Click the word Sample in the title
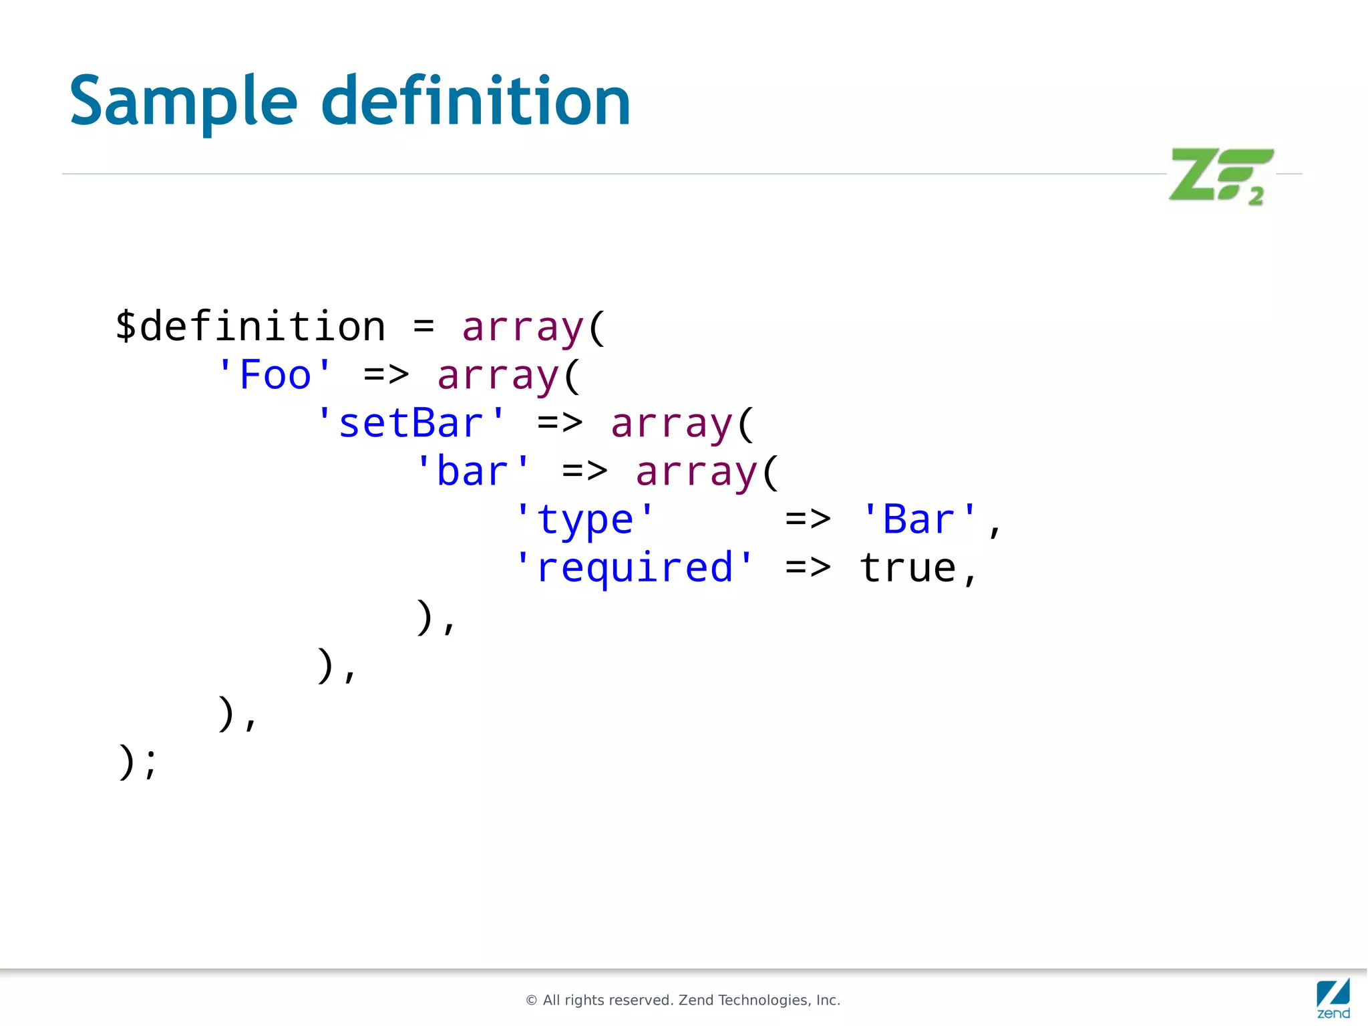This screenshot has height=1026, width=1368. [x=183, y=102]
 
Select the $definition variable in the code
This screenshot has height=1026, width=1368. [x=250, y=327]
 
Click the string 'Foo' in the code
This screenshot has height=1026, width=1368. [x=275, y=375]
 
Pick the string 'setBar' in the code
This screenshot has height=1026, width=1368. [x=410, y=424]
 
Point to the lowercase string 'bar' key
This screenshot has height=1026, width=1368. [x=472, y=472]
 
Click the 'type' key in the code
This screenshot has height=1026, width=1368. [x=584, y=520]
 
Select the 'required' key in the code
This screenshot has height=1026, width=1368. [x=634, y=568]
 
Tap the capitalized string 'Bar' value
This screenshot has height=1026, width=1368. [x=918, y=520]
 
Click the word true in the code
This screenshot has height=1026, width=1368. [x=907, y=568]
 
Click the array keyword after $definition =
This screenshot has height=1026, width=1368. [x=523, y=327]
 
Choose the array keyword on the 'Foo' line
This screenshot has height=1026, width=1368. [x=498, y=375]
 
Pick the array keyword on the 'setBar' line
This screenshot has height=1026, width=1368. [x=671, y=424]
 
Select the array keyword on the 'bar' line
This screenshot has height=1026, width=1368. [x=697, y=472]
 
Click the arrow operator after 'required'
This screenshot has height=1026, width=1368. [x=808, y=568]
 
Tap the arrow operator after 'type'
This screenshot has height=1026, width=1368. [x=808, y=520]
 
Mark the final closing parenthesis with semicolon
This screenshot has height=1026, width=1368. [x=138, y=762]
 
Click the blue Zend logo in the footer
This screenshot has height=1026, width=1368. [x=1333, y=999]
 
